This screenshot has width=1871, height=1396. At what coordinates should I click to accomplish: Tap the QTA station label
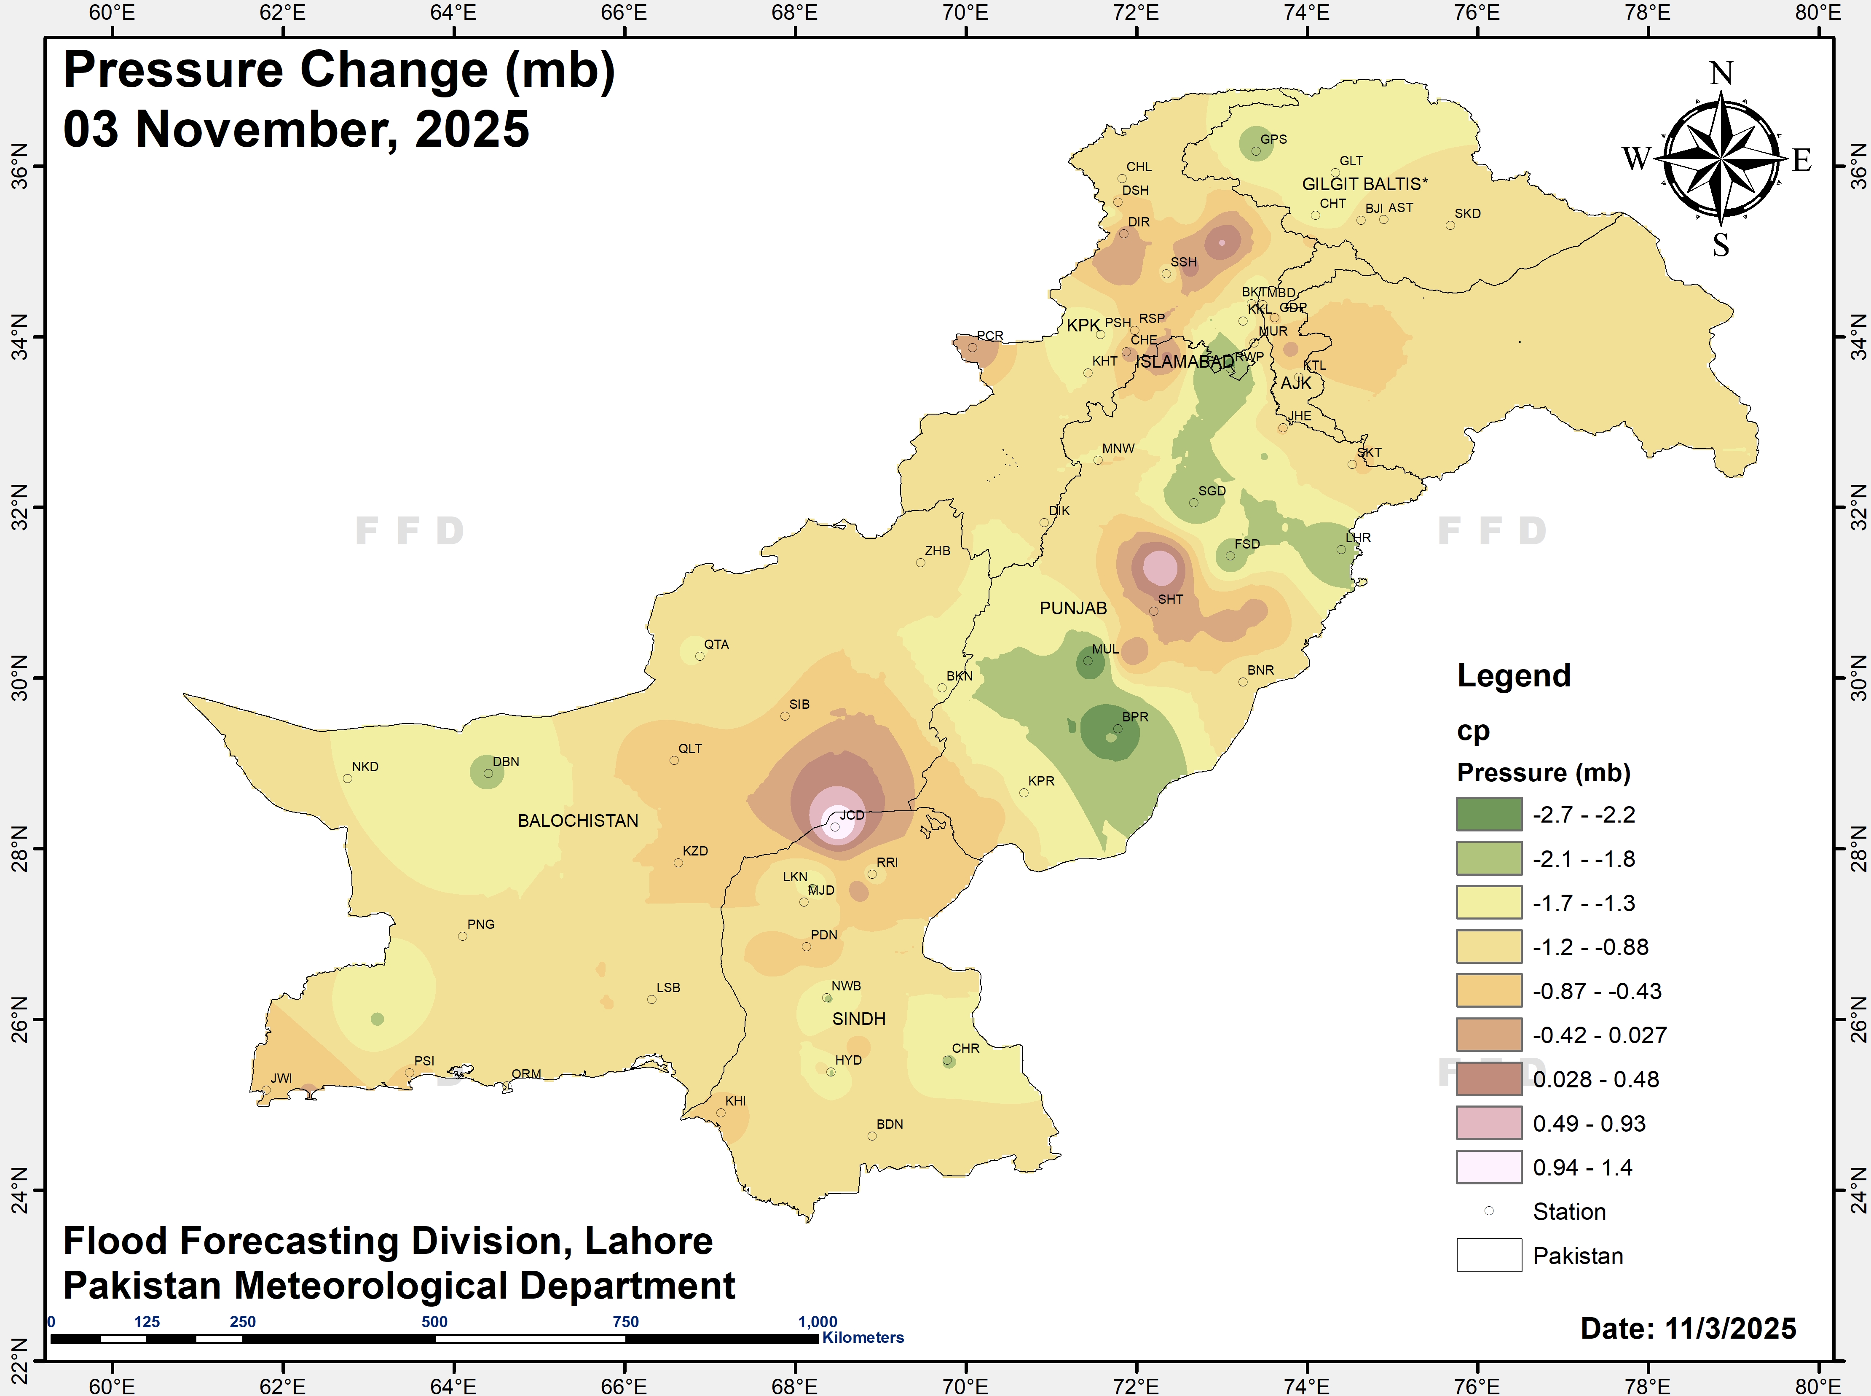tap(716, 645)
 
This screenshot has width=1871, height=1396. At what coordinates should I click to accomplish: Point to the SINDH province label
tap(859, 1019)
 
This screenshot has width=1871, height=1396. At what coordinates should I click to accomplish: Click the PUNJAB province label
tap(1073, 608)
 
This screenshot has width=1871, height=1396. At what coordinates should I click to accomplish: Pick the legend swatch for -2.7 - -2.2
tap(1488, 815)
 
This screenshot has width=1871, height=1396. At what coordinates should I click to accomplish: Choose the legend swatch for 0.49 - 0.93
tap(1488, 1123)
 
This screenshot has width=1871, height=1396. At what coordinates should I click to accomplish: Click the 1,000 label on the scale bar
tap(818, 1322)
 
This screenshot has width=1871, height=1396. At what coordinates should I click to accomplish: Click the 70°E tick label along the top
tap(965, 13)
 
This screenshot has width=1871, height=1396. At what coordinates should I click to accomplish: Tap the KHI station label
tap(736, 1101)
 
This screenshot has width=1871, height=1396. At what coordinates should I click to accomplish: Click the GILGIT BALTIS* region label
tap(1364, 184)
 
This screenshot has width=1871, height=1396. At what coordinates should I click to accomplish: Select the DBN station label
tap(506, 762)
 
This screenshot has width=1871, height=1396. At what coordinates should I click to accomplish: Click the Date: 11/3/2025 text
tap(1688, 1329)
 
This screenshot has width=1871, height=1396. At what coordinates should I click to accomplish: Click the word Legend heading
tap(1514, 676)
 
